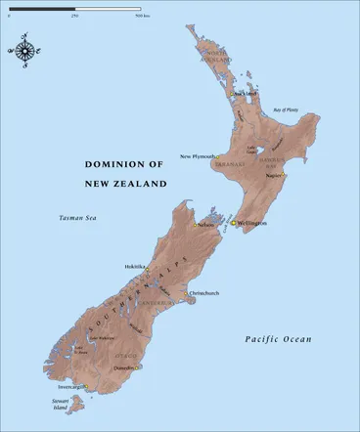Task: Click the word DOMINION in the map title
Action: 112,166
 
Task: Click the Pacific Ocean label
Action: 278,339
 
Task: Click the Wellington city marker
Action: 233,222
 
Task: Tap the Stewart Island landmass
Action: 62,406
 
